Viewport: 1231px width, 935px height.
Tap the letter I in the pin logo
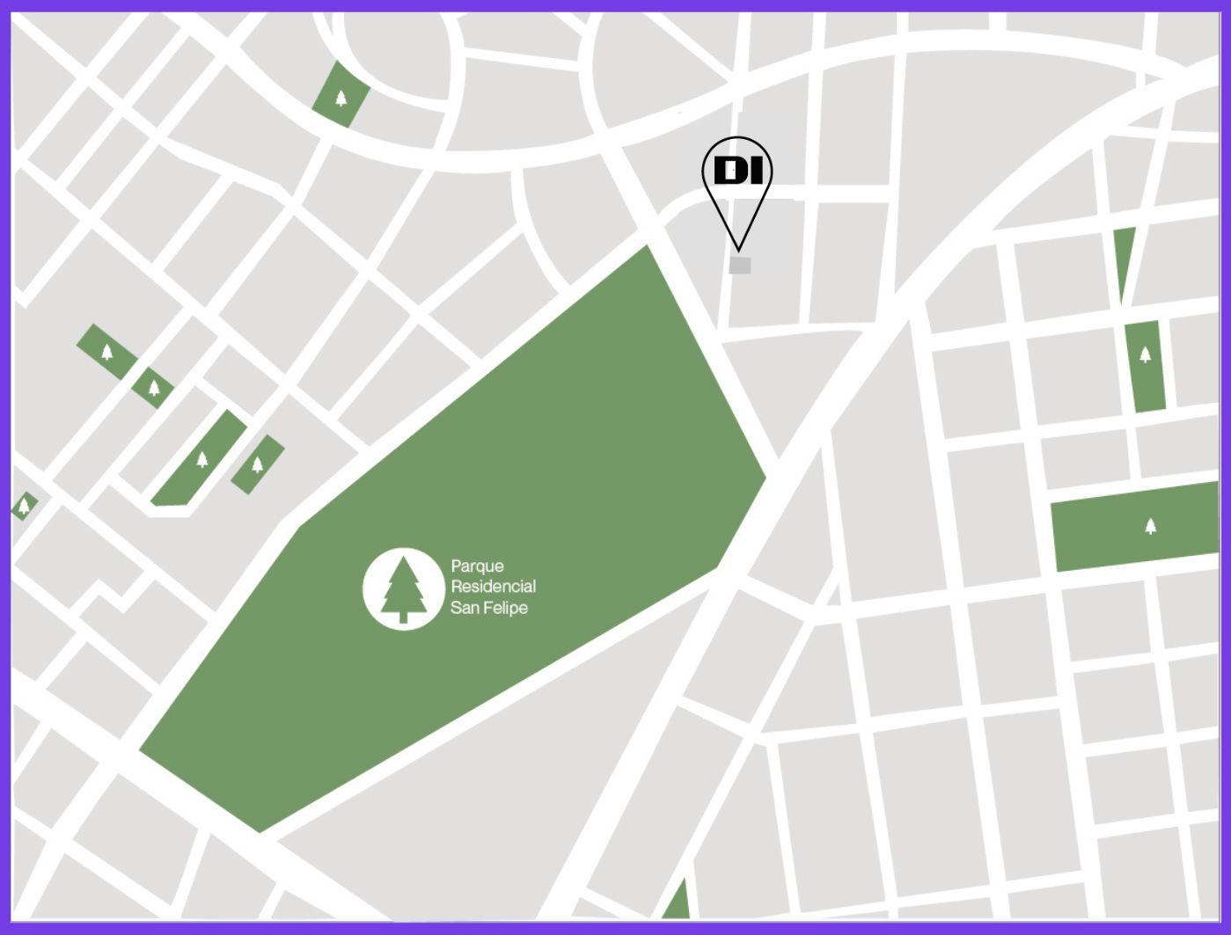755,171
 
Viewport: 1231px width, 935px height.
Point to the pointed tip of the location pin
739,249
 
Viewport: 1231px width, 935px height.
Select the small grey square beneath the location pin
740,266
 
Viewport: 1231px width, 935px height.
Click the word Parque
477,566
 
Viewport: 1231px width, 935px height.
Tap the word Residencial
493,587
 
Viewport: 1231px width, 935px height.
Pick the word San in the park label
463,608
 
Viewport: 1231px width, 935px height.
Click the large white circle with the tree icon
403,588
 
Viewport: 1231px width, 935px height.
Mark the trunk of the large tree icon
404,617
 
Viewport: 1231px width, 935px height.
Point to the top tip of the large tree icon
404,558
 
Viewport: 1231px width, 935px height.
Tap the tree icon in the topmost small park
341,97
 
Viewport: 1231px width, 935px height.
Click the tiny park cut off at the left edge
24,506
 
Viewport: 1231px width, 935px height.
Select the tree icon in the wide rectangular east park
1150,526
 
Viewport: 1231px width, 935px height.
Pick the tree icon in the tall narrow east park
1145,354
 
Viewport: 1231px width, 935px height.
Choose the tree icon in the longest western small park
202,458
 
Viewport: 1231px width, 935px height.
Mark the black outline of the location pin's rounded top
737,138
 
